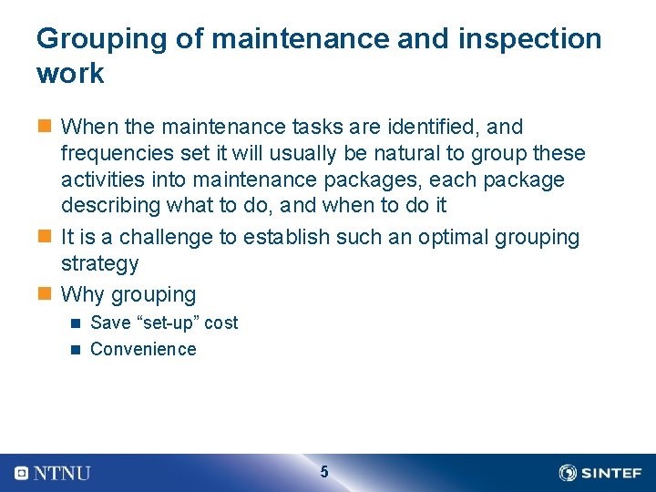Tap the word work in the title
(x=70, y=74)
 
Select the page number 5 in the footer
(x=324, y=472)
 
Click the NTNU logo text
(x=62, y=473)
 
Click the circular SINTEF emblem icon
(x=568, y=473)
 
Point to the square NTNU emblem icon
(x=22, y=473)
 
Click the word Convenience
(x=143, y=349)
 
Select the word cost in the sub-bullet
(x=221, y=323)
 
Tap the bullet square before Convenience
(x=77, y=349)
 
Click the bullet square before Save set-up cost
(x=77, y=323)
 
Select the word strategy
(x=99, y=264)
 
